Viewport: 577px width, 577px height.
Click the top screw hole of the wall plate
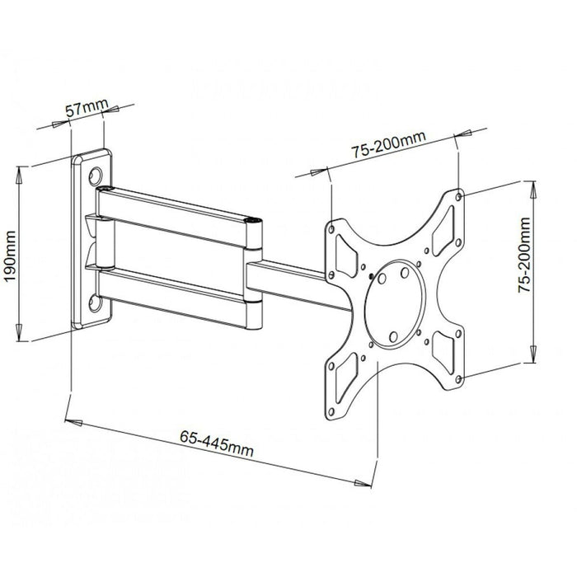[96, 175]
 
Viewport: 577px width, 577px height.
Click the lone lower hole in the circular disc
[393, 335]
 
